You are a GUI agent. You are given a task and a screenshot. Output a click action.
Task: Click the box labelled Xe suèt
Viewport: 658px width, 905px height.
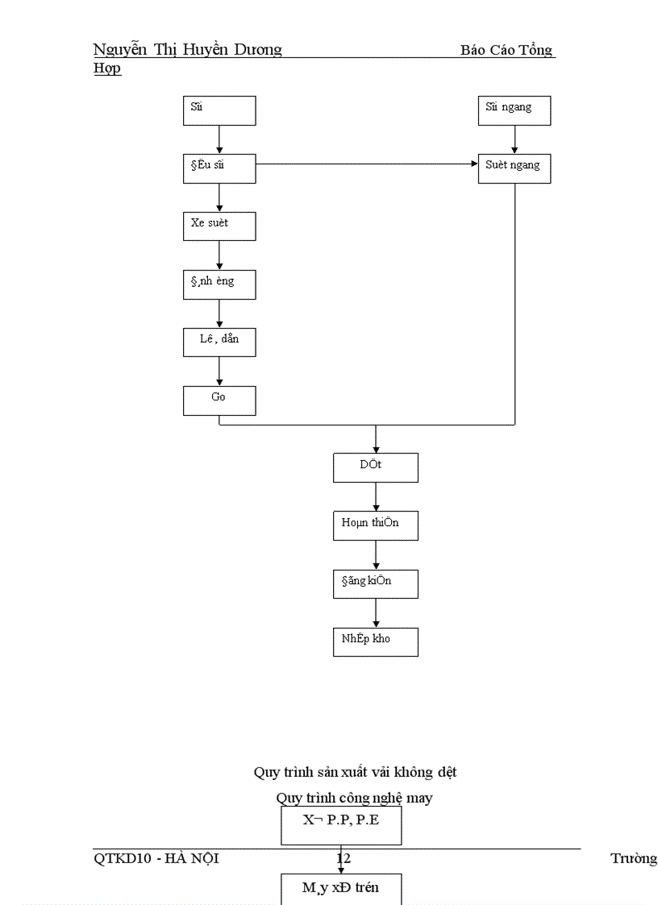pyautogui.click(x=219, y=226)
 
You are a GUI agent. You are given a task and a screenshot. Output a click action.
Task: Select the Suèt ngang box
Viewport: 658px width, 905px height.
pyautogui.click(x=514, y=168)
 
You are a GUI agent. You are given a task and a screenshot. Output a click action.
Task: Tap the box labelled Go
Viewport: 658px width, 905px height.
pyautogui.click(x=219, y=401)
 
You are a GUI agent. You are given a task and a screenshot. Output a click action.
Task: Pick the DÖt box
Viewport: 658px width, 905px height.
pyautogui.click(x=375, y=467)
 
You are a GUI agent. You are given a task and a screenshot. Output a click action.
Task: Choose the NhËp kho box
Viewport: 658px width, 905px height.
pyautogui.click(x=375, y=641)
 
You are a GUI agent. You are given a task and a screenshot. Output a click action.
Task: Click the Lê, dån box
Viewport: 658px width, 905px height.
pyautogui.click(x=219, y=342)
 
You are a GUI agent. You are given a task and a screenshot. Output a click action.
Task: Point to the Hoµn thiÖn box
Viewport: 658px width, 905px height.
pyautogui.click(x=375, y=525)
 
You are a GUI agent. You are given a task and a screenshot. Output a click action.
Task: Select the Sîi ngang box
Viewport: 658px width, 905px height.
pyautogui.click(x=514, y=110)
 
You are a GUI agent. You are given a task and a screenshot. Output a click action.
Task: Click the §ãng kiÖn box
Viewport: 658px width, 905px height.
pyautogui.click(x=375, y=583)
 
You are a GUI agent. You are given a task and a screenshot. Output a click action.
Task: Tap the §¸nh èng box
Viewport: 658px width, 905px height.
pyautogui.click(x=219, y=284)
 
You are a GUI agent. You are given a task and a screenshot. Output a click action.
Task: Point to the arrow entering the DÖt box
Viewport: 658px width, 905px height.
pyautogui.click(x=376, y=439)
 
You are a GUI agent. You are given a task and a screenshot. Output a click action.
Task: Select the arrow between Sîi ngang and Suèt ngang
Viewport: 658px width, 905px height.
pyautogui.click(x=514, y=139)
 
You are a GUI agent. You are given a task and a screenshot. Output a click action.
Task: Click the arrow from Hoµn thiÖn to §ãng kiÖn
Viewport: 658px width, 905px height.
pyautogui.click(x=376, y=554)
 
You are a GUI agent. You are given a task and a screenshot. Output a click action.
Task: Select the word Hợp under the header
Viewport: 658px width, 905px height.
pyautogui.click(x=107, y=68)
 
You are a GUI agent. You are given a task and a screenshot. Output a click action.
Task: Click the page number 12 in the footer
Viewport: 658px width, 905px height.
pyautogui.click(x=344, y=858)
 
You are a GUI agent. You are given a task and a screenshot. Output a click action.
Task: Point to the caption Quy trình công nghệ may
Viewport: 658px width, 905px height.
pyautogui.click(x=355, y=798)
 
